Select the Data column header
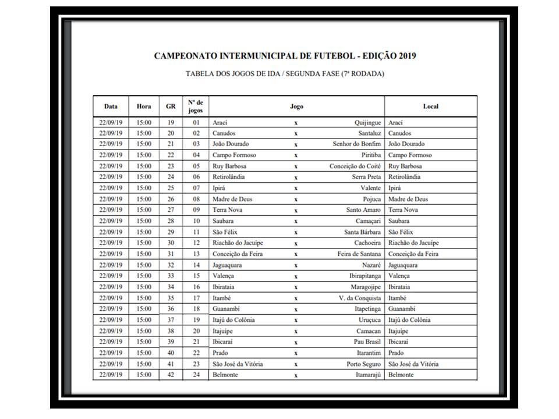coord(111,106)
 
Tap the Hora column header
coord(144,106)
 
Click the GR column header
coord(171,106)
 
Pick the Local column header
coord(430,106)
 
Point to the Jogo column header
coord(296,106)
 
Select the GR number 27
coord(171,210)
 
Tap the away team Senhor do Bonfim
coord(357,144)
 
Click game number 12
coord(196,243)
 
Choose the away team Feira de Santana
coord(358,254)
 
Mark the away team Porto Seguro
coord(364,364)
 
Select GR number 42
coord(171,375)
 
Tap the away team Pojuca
coord(371,199)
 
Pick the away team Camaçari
coord(367,221)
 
